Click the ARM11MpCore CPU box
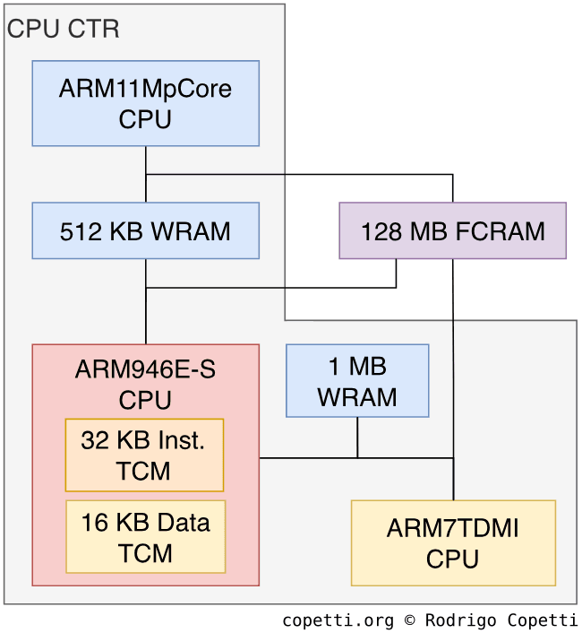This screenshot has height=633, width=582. [x=145, y=103]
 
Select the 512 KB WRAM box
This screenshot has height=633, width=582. [x=145, y=230]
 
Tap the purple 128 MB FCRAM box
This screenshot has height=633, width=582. [x=452, y=230]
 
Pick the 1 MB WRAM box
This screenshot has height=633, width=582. [x=357, y=380]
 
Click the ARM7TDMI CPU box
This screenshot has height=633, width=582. [x=453, y=542]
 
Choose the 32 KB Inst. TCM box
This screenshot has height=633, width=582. [x=144, y=455]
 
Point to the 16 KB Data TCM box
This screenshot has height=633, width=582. [x=145, y=536]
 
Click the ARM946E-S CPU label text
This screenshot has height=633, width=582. [x=145, y=384]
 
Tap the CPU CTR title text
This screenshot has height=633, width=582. [x=63, y=30]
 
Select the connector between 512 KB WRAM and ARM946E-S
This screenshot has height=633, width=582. [x=145, y=314]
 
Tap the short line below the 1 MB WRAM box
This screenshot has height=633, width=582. [x=357, y=438]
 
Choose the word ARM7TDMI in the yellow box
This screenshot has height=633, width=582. [x=453, y=528]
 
